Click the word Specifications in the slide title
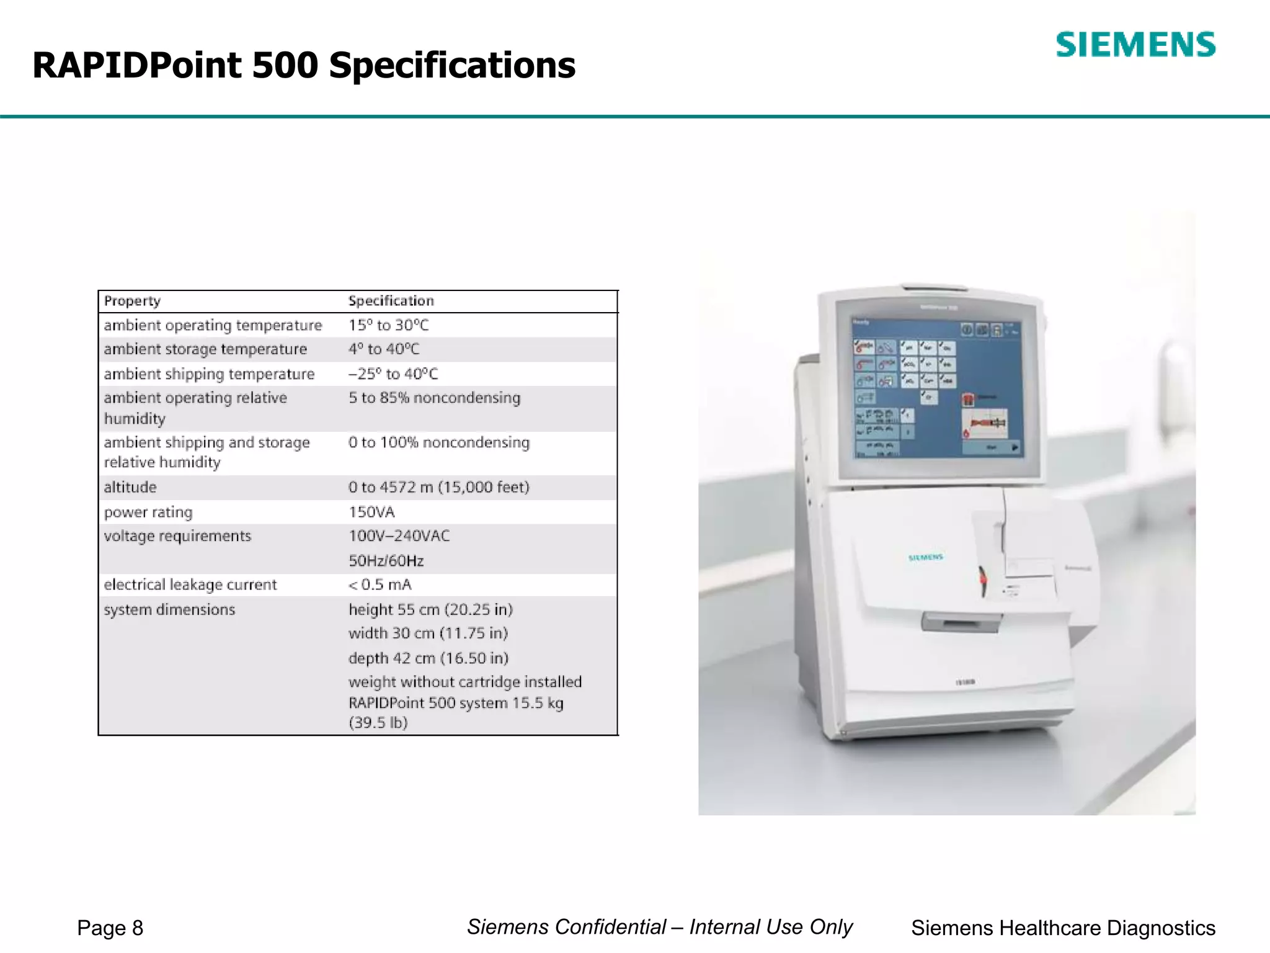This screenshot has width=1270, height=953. [x=452, y=66]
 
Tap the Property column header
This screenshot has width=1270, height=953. [x=132, y=301]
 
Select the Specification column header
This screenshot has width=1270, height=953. [x=391, y=301]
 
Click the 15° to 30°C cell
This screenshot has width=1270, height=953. [x=388, y=325]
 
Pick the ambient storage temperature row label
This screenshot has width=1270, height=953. [x=205, y=349]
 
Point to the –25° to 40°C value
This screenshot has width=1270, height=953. [x=393, y=374]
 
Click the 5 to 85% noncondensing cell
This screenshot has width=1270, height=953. [x=434, y=398]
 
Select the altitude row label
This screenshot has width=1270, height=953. [x=130, y=487]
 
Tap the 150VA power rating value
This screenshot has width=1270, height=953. [x=371, y=512]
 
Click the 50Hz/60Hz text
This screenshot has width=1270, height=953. [x=386, y=561]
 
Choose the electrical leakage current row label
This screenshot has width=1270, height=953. [x=190, y=584]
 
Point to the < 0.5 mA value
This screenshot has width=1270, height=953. [x=380, y=584]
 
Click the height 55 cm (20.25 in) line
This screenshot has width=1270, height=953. [x=430, y=609]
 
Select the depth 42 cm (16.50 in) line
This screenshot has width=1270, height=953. [x=428, y=658]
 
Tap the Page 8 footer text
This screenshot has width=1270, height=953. [x=110, y=928]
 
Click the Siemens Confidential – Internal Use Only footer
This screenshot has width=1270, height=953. [x=660, y=926]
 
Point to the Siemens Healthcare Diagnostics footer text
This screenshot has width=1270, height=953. [x=1063, y=928]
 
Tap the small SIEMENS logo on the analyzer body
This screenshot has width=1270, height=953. [x=925, y=557]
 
